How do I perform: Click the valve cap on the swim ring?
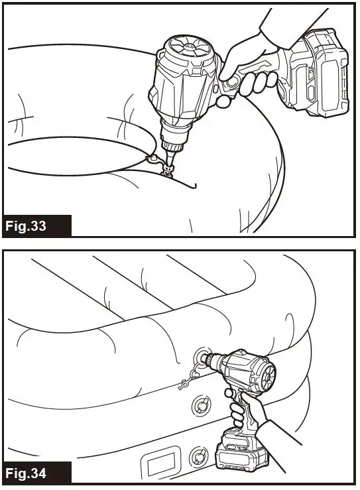click(152, 160)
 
